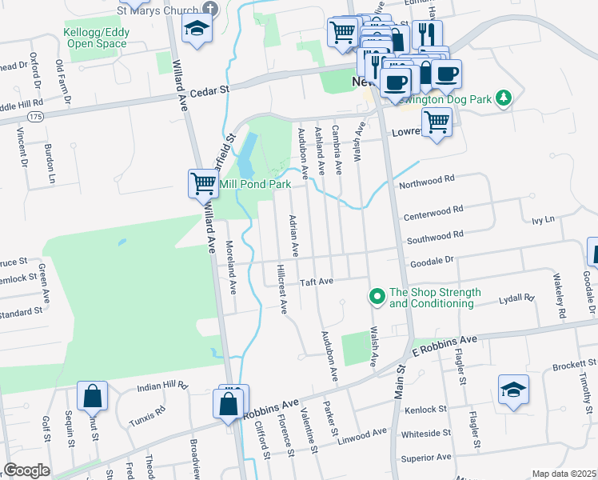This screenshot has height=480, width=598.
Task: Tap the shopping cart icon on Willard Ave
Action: pos(202,183)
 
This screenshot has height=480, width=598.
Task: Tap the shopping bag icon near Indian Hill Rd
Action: pos(92,395)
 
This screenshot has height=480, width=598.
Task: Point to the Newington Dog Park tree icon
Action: pos(503,98)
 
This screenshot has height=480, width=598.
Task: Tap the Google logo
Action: pos(26,470)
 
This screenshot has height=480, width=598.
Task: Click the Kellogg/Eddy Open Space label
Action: pos(96,38)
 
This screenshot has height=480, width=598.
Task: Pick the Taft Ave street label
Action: pos(316,282)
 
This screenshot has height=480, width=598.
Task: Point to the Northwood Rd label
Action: pos(427,182)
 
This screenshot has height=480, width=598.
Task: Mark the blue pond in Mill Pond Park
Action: pos(246,155)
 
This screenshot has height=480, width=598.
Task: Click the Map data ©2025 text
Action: pos(564,474)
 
